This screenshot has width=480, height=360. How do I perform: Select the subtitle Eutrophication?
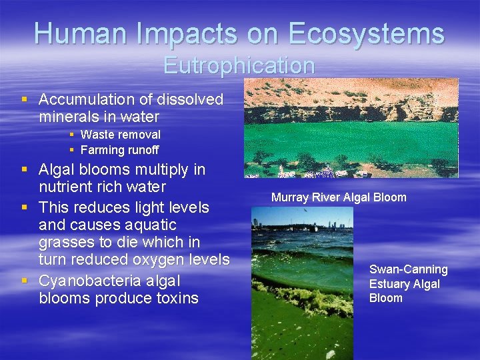tap(239, 65)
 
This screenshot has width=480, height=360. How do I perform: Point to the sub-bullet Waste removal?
tap(120, 135)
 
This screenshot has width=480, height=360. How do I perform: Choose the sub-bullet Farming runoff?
tap(119, 150)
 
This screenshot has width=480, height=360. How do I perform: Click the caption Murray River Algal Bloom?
tap(339, 197)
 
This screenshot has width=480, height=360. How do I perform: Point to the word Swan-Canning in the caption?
tap(408, 269)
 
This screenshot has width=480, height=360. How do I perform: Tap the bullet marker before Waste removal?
tap(71, 135)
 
